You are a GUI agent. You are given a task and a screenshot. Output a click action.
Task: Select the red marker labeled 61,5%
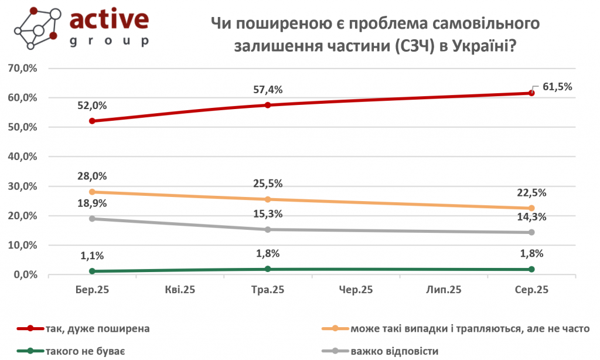click(531, 93)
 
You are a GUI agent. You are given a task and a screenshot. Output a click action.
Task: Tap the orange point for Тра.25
click(268, 199)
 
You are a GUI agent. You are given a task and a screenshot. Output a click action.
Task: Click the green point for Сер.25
click(531, 269)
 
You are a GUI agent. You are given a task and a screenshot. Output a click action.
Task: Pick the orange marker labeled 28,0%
click(93, 192)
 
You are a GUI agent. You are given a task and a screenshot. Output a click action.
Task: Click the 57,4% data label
click(268, 90)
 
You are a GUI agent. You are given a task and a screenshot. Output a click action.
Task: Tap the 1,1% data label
click(93, 256)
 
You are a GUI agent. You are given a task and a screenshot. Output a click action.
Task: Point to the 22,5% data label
click(531, 193)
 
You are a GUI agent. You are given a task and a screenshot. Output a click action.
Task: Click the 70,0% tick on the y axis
click(23, 69)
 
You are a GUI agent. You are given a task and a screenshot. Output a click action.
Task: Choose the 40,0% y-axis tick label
click(23, 157)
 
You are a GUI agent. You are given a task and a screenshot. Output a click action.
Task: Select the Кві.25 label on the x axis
click(180, 290)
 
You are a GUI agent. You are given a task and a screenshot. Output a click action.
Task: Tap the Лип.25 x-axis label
click(444, 290)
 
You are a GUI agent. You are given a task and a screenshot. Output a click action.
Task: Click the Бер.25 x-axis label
click(93, 290)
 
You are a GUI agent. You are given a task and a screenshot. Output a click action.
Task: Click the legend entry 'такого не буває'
click(86, 351)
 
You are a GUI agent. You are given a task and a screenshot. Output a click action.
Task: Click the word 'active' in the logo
click(109, 19)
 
